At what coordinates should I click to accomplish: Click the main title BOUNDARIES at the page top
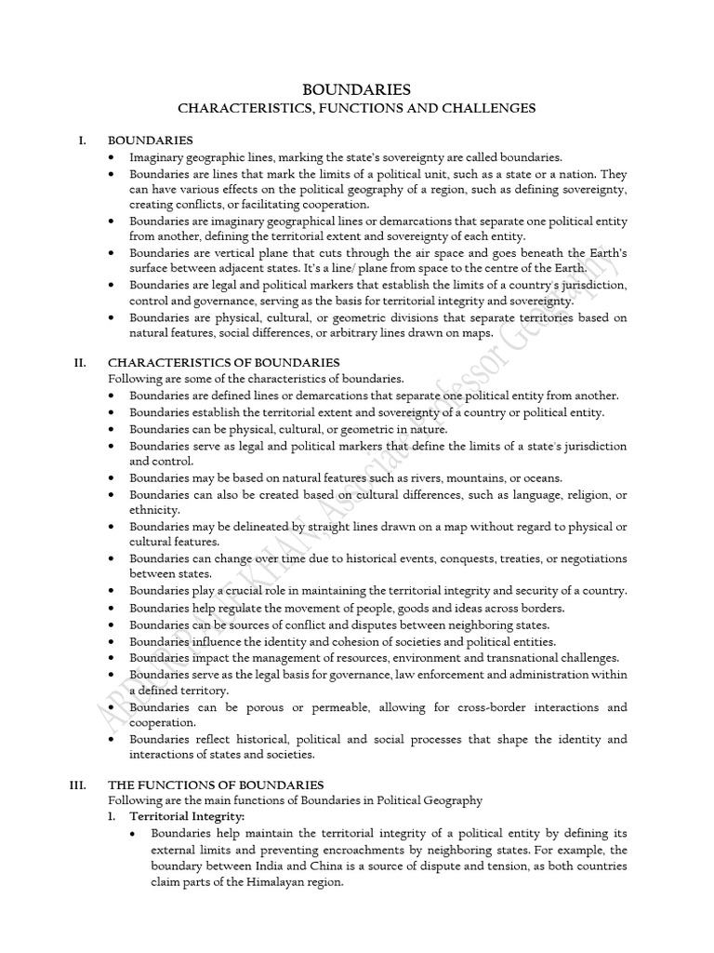click(357, 89)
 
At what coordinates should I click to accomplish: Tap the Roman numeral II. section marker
click(80, 362)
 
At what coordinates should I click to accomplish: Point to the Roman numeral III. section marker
click(78, 785)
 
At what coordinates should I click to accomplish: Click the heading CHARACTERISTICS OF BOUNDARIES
click(224, 362)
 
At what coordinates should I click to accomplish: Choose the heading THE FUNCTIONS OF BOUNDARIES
click(216, 785)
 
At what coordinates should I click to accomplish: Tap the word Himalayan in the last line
click(291, 882)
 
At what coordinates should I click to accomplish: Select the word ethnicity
click(155, 509)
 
